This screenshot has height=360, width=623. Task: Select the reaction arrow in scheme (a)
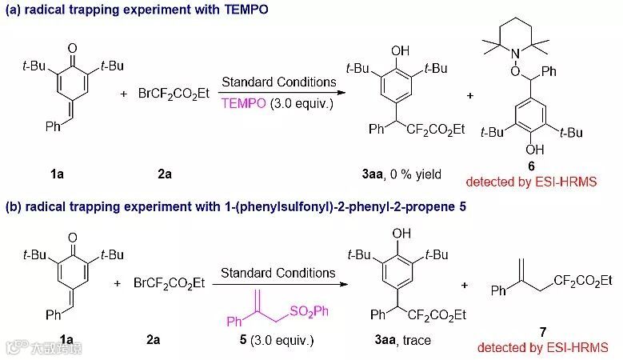coord(278,93)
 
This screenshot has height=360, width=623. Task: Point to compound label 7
coord(543,330)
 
